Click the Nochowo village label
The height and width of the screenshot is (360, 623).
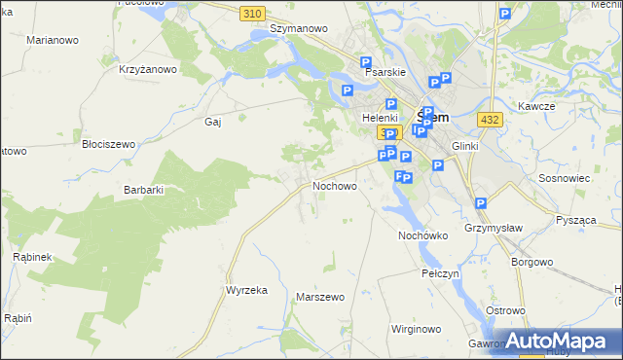pyautogui.click(x=335, y=185)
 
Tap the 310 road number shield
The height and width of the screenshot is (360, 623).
pyautogui.click(x=253, y=12)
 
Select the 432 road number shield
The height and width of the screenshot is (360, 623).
pyautogui.click(x=491, y=118)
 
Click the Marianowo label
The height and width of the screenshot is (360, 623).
pyautogui.click(x=53, y=40)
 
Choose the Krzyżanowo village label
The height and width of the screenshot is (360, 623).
pyautogui.click(x=148, y=69)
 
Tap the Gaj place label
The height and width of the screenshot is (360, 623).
pyautogui.click(x=213, y=122)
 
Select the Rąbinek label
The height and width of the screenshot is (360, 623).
pyautogui.click(x=32, y=256)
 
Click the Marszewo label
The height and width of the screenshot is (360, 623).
pyautogui.click(x=320, y=297)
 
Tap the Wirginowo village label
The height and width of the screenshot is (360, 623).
pyautogui.click(x=416, y=329)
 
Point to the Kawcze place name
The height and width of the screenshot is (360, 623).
pyautogui.click(x=536, y=105)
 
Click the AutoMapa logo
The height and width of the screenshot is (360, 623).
pyautogui.click(x=557, y=341)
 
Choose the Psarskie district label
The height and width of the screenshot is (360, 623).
pyautogui.click(x=385, y=72)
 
